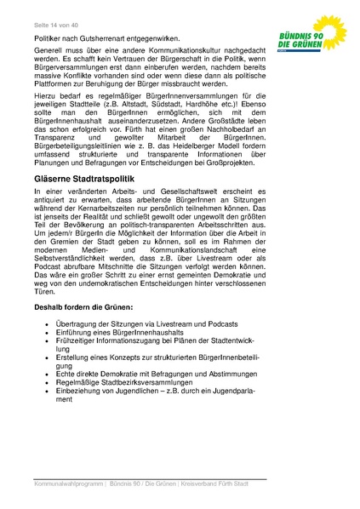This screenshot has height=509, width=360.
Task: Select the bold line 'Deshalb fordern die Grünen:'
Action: pyautogui.click(x=84, y=327)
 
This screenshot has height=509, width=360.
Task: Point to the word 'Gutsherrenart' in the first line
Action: pyautogui.click(x=105, y=39)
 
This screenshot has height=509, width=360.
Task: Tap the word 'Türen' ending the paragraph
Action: pyautogui.click(x=44, y=313)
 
